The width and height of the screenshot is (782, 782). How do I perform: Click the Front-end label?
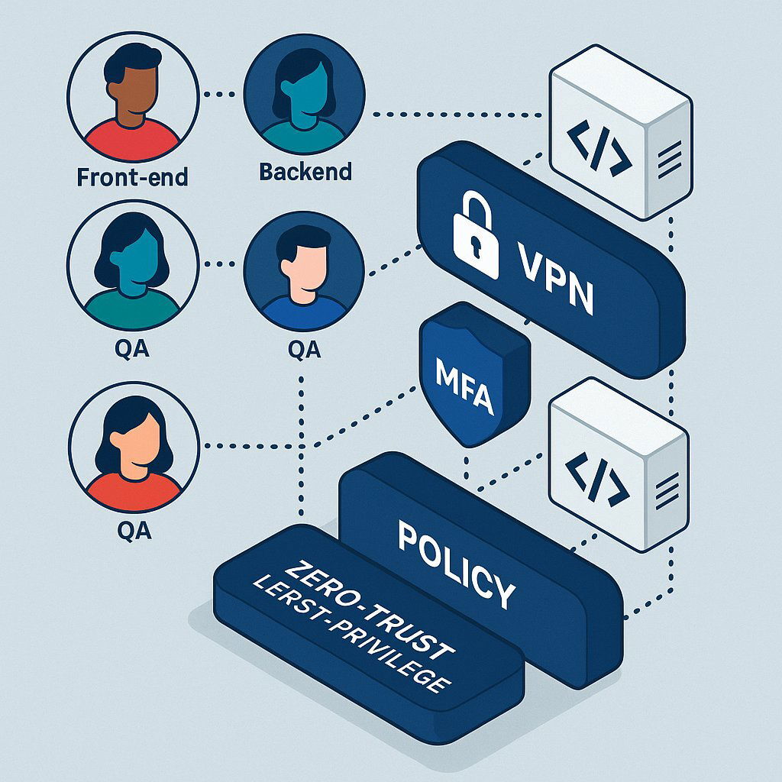(132, 177)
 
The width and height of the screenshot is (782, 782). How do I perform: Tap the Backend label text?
(305, 171)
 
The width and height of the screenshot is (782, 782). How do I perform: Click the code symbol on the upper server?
(599, 146)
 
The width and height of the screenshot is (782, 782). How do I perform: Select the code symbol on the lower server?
(598, 480)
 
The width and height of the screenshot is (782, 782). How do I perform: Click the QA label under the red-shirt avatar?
(134, 529)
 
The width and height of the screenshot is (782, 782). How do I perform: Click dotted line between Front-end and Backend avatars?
(221, 95)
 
